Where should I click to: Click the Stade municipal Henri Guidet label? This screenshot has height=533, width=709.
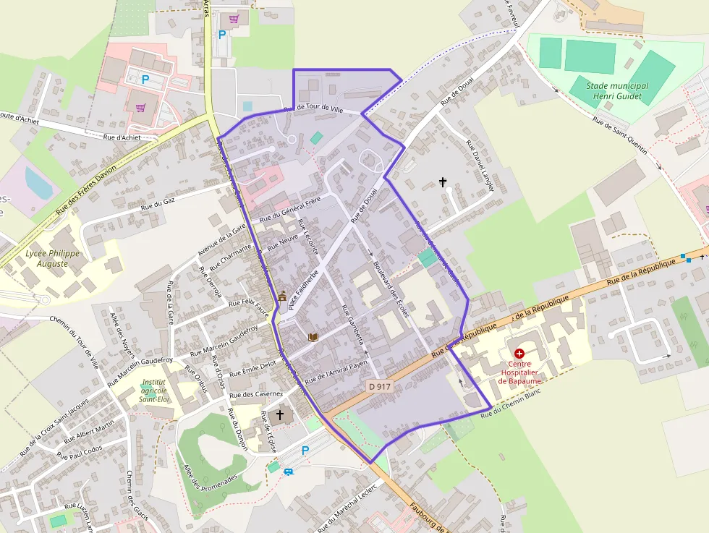pos(617,91)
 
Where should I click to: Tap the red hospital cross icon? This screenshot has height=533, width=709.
pos(519,353)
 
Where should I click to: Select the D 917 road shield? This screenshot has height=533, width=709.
pos(380,387)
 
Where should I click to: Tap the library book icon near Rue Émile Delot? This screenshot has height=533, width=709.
pos(313,337)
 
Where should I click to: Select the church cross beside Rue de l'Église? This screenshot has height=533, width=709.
pos(279,414)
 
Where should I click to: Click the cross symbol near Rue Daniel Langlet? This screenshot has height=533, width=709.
pos(443,182)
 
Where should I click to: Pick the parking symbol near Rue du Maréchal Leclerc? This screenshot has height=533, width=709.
pos(305,451)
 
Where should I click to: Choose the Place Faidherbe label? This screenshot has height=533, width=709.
pos(303,290)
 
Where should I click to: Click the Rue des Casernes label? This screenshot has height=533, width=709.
pos(255,394)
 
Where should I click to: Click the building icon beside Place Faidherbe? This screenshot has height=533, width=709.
pos(282,296)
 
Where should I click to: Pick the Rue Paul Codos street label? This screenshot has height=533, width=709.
pos(80,454)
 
